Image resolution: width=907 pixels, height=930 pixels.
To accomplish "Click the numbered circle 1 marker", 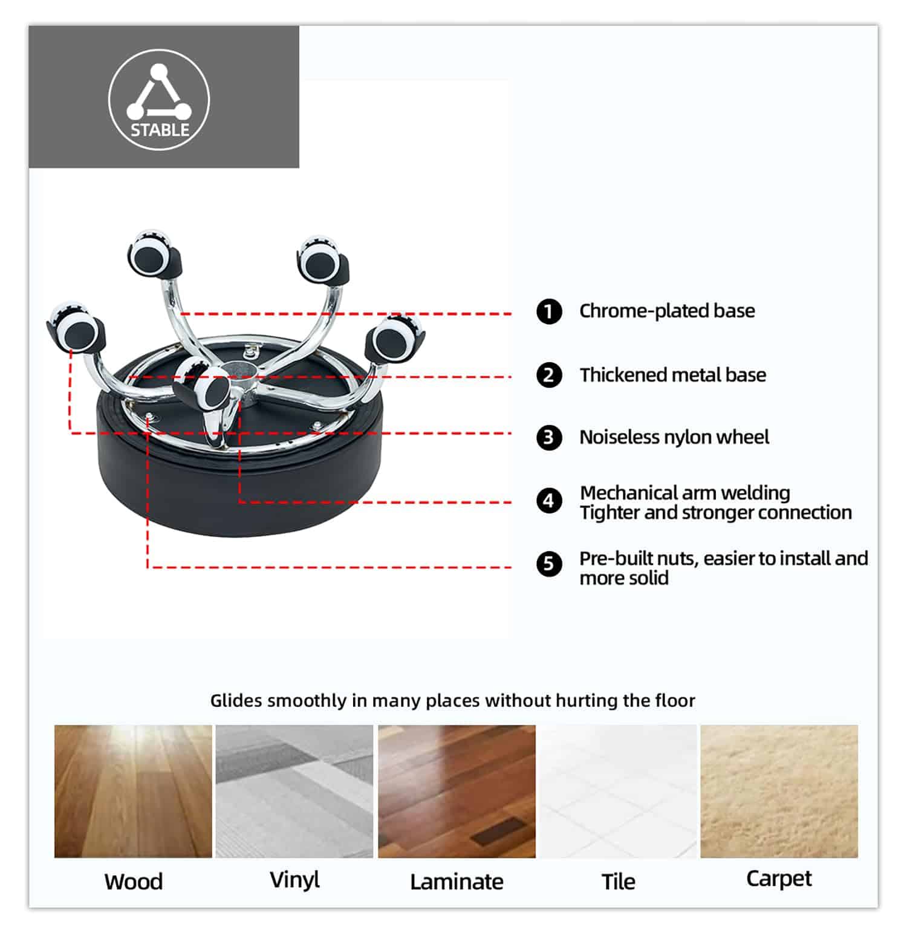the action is (x=549, y=311).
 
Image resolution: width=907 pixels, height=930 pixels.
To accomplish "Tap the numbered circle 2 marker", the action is (x=549, y=375).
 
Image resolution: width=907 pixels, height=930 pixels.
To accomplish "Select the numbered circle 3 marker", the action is (x=549, y=437).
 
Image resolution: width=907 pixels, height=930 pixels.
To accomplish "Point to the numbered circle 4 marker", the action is (x=549, y=501).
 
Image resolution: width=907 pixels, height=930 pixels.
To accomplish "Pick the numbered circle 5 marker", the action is (x=549, y=564).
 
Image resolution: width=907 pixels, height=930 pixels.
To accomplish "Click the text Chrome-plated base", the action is (x=667, y=311).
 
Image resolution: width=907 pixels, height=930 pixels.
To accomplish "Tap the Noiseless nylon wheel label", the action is (x=674, y=437).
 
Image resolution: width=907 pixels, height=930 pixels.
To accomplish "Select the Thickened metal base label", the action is (x=672, y=375).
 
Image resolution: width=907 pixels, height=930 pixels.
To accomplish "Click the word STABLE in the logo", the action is (x=160, y=130).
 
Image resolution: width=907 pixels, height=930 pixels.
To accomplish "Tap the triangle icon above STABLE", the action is (x=158, y=92).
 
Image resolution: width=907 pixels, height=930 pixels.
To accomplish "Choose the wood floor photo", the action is (x=133, y=791).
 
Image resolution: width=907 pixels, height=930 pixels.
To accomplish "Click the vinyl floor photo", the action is (x=294, y=791).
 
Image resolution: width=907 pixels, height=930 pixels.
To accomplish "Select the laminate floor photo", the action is (x=457, y=791).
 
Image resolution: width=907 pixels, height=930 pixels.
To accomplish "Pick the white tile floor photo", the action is (x=618, y=791).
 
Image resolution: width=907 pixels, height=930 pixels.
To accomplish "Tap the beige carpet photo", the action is (x=779, y=791).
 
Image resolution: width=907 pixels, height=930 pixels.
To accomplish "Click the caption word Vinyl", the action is (x=294, y=880).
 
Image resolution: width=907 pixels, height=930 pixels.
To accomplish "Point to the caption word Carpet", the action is (x=779, y=879).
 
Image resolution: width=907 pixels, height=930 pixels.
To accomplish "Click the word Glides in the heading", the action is (x=236, y=700).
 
